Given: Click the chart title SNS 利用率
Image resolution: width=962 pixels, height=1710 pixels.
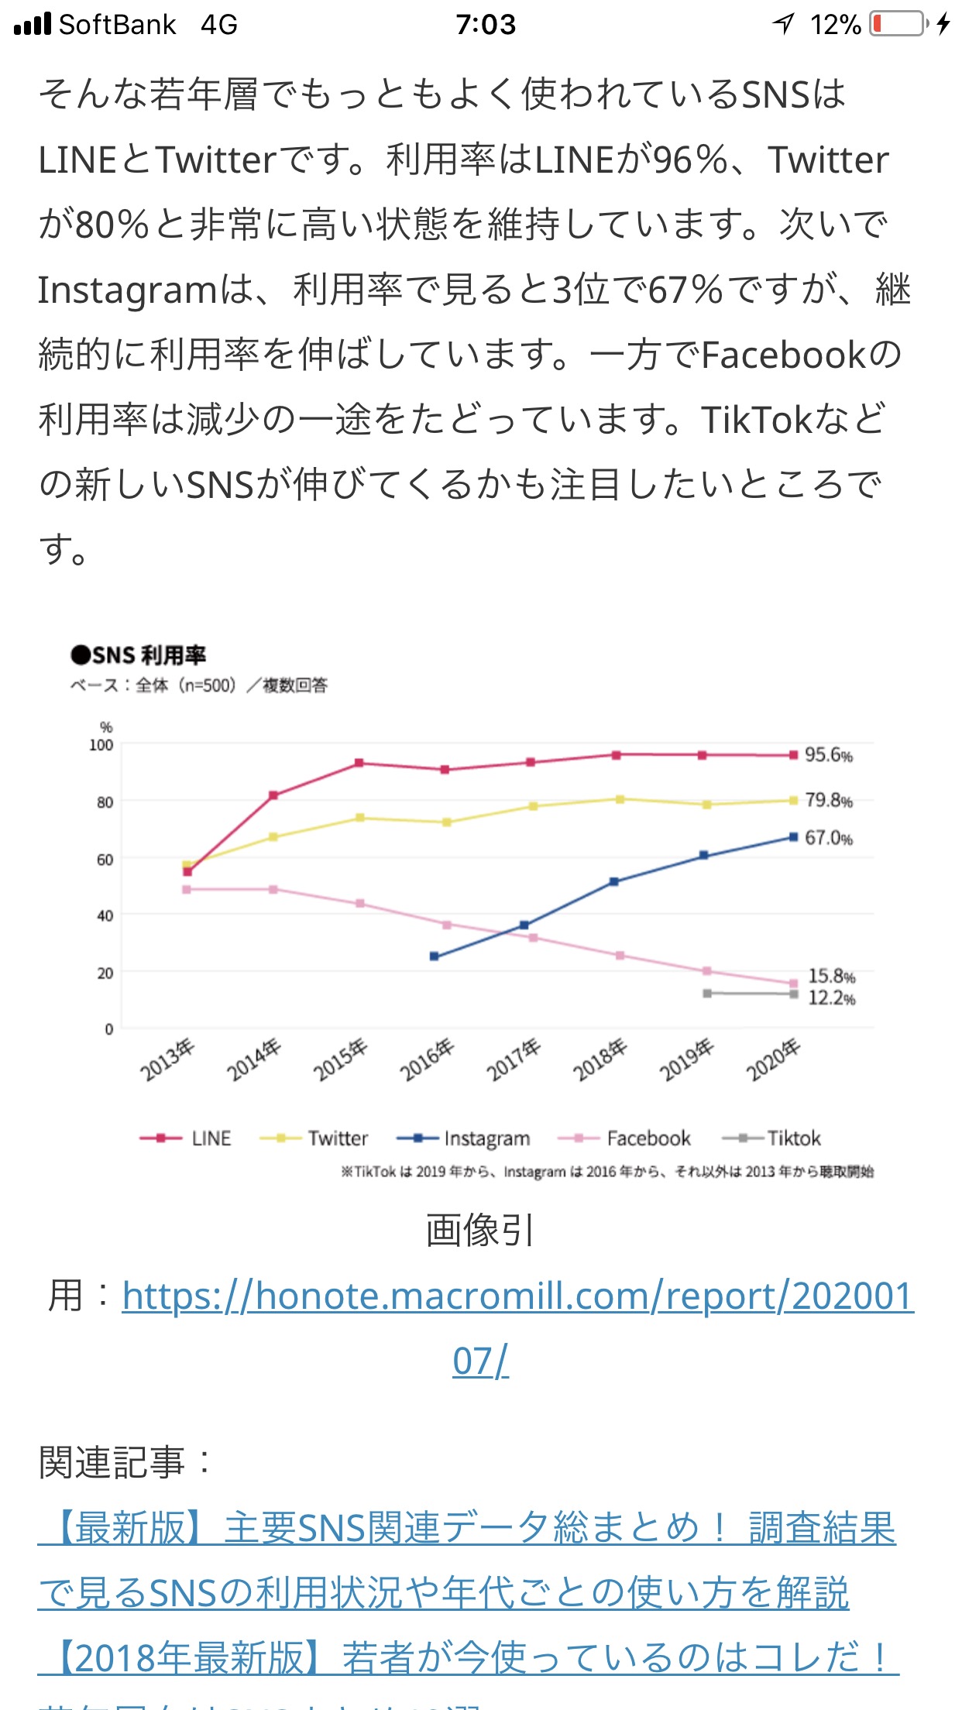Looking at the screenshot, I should pos(139,655).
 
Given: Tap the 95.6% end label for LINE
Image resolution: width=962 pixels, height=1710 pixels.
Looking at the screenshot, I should pos(828,755).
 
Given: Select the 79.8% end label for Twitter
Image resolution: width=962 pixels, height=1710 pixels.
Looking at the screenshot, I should pos(828,800).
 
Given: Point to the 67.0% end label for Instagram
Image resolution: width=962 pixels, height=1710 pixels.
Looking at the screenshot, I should pos(828,838).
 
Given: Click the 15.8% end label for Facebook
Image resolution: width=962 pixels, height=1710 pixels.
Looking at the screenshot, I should pos(831,977).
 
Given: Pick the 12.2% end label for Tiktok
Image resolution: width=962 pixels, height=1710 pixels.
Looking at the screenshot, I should pos(831,998).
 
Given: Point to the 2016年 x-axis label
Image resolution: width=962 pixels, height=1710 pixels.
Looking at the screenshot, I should pos(426,1060).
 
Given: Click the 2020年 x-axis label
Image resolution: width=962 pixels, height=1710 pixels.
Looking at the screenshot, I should pos(772,1060).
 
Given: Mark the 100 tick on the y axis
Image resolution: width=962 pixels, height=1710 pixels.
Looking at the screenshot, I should pos(101,745).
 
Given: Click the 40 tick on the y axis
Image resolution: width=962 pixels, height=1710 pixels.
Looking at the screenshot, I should pos(105,916).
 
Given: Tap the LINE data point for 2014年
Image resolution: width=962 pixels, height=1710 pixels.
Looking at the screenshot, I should pos(273,795).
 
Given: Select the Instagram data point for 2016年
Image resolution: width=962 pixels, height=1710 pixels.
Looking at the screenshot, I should pos(434,956).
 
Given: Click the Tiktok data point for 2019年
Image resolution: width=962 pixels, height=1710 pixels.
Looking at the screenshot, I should pos(707,994).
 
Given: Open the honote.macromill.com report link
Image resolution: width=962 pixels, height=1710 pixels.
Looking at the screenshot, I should pos(517,1296).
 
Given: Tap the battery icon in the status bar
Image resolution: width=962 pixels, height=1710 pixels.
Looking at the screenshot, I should pos(898,24).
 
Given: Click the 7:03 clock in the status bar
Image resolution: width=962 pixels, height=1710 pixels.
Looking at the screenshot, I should pos(486,25).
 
